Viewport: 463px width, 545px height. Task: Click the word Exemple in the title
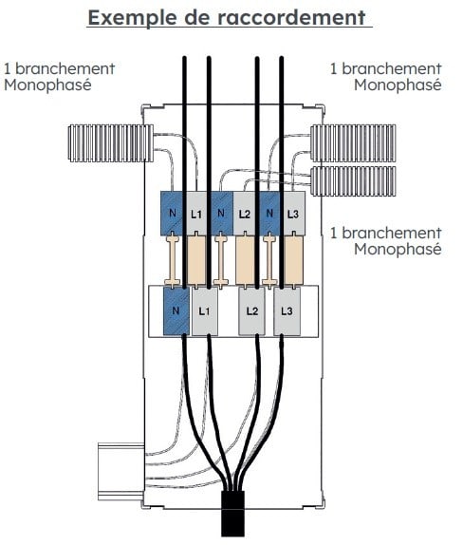[132, 18]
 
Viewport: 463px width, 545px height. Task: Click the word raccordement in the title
[291, 17]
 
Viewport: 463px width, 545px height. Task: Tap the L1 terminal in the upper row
[197, 214]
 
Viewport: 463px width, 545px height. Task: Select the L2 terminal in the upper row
[245, 214]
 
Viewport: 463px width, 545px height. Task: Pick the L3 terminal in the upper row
[293, 214]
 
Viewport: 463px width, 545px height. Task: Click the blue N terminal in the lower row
[176, 310]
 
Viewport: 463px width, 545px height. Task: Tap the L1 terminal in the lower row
[205, 310]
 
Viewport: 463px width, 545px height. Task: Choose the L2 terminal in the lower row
[251, 310]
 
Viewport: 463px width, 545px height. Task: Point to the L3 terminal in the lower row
[287, 310]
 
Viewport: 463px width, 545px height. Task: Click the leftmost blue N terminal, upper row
[173, 214]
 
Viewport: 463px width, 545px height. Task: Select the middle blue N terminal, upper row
[221, 214]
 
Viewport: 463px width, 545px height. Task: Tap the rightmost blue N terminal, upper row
[269, 214]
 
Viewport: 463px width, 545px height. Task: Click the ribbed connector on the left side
[111, 143]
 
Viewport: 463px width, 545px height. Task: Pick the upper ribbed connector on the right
[353, 143]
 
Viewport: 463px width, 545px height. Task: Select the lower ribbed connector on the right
[353, 181]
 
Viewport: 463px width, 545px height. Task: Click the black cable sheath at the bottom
[233, 514]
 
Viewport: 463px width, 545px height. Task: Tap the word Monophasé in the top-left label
[48, 85]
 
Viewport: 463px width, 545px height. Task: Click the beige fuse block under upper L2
[245, 260]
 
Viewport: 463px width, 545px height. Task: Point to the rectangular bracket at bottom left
[120, 472]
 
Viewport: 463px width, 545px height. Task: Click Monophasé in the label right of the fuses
[398, 250]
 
